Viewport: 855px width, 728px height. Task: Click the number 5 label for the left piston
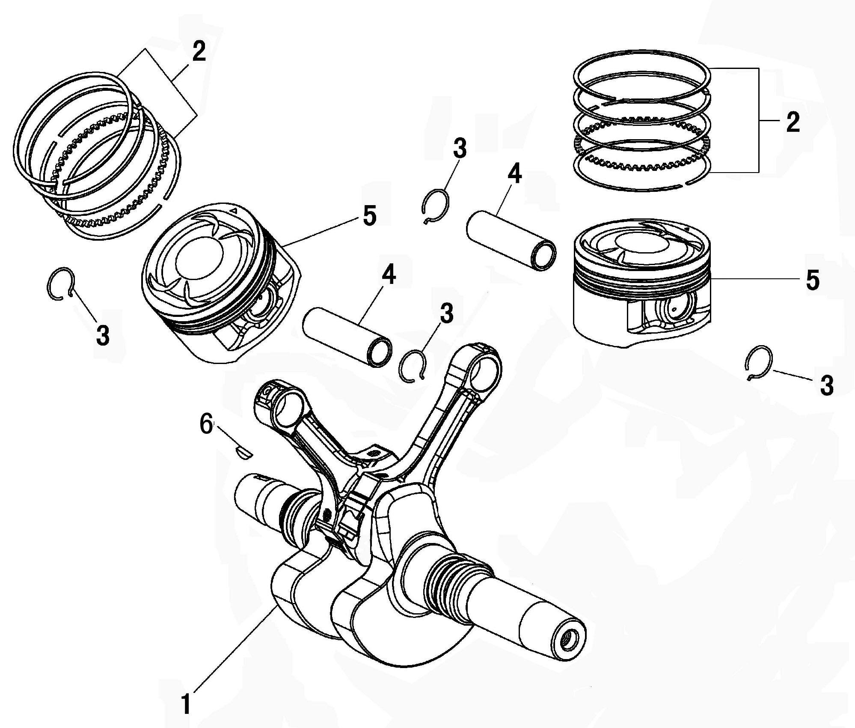pyautogui.click(x=369, y=215)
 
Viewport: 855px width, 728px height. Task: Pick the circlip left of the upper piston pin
pyautogui.click(x=435, y=206)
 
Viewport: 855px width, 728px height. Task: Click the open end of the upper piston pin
pyautogui.click(x=543, y=255)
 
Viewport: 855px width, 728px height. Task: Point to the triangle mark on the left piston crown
pyautogui.click(x=233, y=211)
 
